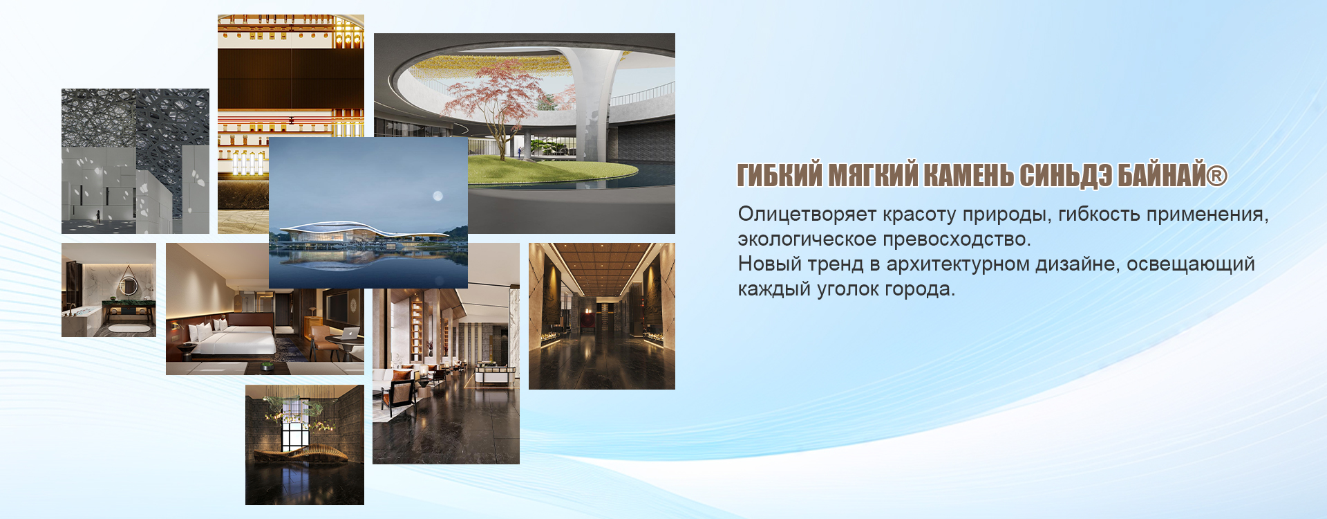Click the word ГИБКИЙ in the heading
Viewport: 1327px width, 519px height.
click(780, 175)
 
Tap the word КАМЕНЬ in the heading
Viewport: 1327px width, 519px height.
click(968, 175)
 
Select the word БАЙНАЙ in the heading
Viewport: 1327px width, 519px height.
click(1161, 175)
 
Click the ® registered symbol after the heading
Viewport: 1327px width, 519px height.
click(1217, 175)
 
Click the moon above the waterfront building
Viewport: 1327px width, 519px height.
click(437, 197)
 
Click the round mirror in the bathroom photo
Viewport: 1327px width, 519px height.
click(129, 284)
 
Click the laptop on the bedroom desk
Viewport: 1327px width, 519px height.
click(351, 334)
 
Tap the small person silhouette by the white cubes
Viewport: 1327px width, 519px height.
click(98, 216)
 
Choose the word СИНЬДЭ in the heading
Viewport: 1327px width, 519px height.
click(1066, 175)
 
